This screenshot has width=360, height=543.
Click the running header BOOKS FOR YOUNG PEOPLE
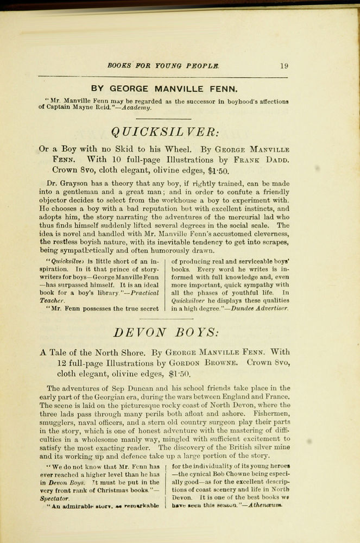[163, 66]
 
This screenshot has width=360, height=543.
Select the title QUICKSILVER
[164, 131]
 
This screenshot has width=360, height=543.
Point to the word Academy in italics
[137, 108]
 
